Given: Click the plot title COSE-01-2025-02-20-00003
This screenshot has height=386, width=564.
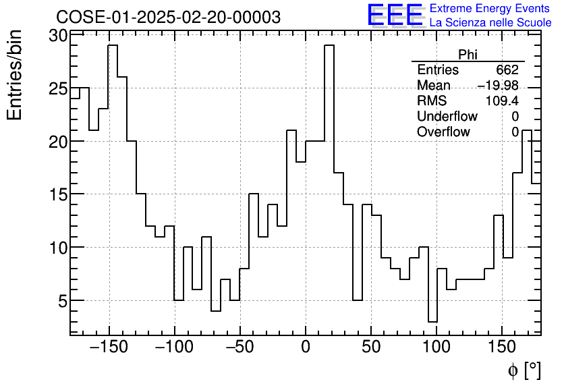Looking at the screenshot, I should [x=168, y=17].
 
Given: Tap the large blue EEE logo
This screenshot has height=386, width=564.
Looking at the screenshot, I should [x=395, y=16].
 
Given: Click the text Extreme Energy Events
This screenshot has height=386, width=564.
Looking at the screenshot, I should [x=490, y=9].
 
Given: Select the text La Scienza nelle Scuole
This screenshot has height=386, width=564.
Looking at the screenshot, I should [x=490, y=23].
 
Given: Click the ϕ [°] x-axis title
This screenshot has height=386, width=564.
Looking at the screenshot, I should [x=524, y=370].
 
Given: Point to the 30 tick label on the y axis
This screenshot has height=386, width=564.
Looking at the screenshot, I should [x=59, y=36].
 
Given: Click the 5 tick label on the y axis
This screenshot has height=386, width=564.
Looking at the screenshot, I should [x=63, y=300].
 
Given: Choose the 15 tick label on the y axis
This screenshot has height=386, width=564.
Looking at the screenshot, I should [x=59, y=194].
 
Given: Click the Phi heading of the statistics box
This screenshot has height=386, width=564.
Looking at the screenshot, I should [x=468, y=55].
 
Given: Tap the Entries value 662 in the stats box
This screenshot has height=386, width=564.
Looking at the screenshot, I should [x=507, y=70].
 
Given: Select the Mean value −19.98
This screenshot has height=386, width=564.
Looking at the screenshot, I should [x=497, y=86].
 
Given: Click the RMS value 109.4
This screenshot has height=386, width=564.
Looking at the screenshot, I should [x=501, y=101].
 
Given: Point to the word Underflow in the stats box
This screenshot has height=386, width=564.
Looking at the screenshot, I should [x=447, y=117].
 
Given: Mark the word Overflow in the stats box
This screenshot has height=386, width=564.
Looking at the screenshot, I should [x=443, y=132].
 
